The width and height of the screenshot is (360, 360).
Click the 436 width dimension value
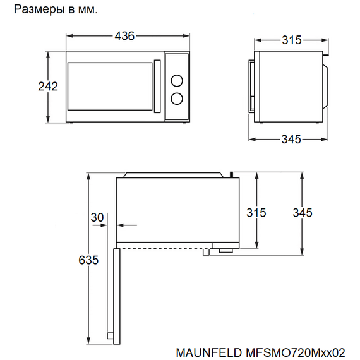coord(124,36)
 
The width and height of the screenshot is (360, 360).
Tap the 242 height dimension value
coord(48,87)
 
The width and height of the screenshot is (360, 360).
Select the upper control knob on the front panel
coord(177,81)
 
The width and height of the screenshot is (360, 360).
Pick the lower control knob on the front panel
coord(177,99)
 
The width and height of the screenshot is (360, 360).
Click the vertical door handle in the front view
coord(157,87)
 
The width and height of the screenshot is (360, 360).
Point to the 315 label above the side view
coord(292,40)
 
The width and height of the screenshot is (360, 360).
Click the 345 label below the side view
coord(291,139)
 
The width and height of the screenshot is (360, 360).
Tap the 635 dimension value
coord(88,260)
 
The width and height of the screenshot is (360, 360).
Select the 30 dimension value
coord(97,217)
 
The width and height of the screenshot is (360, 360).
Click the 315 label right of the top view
coord(256,213)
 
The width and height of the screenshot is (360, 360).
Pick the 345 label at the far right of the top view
coord(303,213)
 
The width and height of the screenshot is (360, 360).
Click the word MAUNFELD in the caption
coord(208,352)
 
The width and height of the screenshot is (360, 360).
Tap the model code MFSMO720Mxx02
coord(295,352)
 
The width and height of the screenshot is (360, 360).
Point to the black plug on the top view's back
coord(231,175)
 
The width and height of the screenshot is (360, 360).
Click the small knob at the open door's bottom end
coord(110,335)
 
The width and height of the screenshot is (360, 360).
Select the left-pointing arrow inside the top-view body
coord(127,225)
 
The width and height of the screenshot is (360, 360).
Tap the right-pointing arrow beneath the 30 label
coord(100,225)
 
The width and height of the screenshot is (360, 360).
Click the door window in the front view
coord(110,87)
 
